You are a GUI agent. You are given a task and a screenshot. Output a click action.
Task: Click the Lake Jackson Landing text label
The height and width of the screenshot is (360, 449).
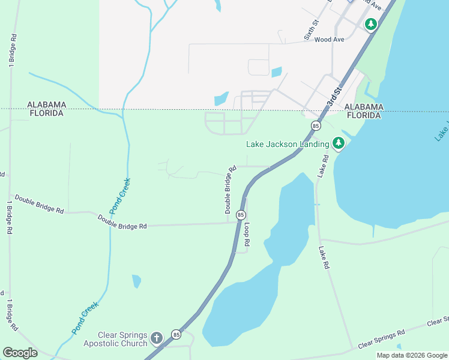288,144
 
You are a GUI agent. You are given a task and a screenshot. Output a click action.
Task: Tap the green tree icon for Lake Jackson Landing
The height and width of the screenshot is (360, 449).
339,143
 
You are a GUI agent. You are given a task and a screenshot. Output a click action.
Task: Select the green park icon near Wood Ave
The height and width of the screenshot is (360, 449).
371,25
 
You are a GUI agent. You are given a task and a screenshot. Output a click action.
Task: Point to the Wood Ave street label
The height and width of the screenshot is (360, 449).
329,40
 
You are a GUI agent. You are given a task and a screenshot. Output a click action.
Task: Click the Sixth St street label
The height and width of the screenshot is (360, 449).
311,29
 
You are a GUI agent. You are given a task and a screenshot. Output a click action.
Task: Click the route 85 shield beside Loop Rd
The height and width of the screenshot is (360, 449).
241,215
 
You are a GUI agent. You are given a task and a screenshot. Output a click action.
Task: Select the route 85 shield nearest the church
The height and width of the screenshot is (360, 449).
176,334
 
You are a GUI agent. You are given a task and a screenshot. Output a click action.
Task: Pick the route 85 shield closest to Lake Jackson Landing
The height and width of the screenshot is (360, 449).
315,125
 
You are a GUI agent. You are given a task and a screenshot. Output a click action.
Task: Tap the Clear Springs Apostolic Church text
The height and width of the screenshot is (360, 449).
123,339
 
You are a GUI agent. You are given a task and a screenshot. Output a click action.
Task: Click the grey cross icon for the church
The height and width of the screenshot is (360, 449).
157,338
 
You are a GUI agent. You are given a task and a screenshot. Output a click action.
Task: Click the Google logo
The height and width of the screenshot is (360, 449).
20,352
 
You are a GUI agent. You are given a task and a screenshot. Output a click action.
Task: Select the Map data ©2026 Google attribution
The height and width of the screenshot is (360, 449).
412,355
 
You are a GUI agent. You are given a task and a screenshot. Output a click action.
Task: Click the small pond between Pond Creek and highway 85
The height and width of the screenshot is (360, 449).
136,281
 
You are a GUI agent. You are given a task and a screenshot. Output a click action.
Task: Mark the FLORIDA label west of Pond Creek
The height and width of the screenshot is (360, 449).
45,113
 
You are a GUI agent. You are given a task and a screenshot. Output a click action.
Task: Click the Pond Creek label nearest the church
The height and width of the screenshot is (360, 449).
85,317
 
